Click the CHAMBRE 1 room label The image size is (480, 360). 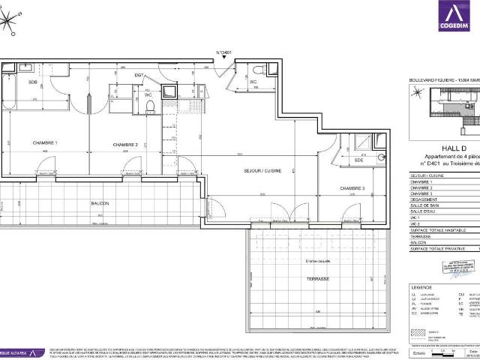[45, 144]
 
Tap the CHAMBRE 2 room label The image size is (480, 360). [125, 145]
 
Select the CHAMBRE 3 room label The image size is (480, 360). [352, 188]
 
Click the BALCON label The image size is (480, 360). [100, 203]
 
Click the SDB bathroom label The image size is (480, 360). [33, 81]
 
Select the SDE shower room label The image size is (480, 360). [358, 160]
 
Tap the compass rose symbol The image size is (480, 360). [11, 21]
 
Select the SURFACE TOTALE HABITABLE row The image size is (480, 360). [442, 230]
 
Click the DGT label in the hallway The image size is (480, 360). [139, 76]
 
